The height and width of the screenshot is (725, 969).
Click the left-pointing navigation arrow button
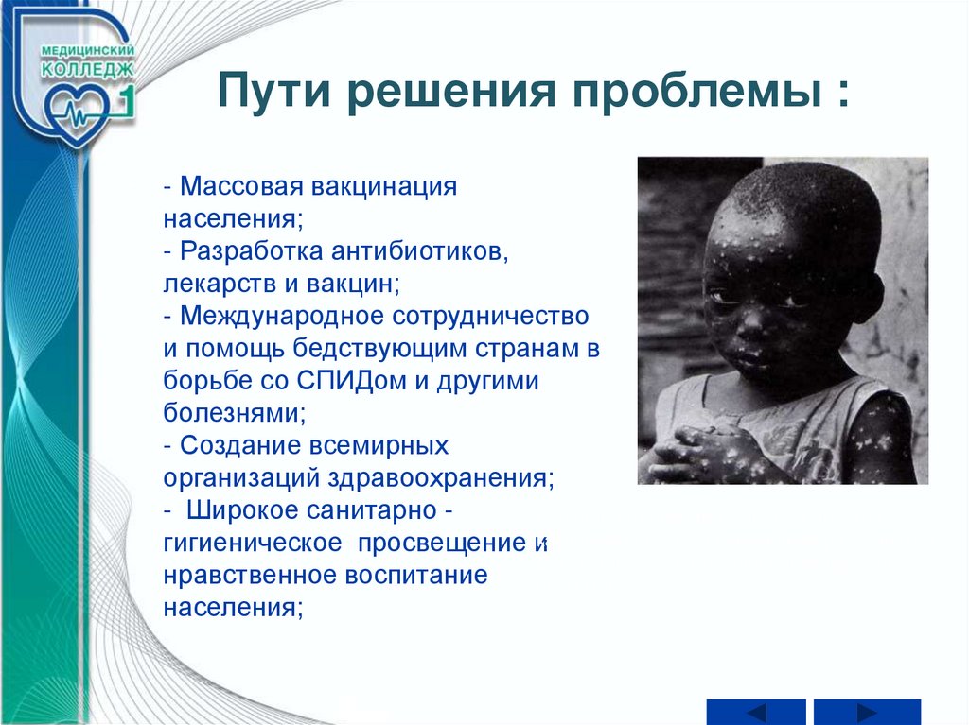click(756, 712)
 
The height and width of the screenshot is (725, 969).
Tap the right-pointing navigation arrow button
click(867, 712)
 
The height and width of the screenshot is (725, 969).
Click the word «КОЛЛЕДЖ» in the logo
click(87, 69)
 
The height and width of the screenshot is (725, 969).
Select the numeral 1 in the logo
click(126, 101)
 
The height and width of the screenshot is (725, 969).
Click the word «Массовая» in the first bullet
click(241, 186)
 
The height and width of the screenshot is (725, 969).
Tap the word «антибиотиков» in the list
click(419, 250)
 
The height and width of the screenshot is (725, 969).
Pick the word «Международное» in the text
click(282, 317)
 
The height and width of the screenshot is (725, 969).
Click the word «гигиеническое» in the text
click(253, 543)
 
